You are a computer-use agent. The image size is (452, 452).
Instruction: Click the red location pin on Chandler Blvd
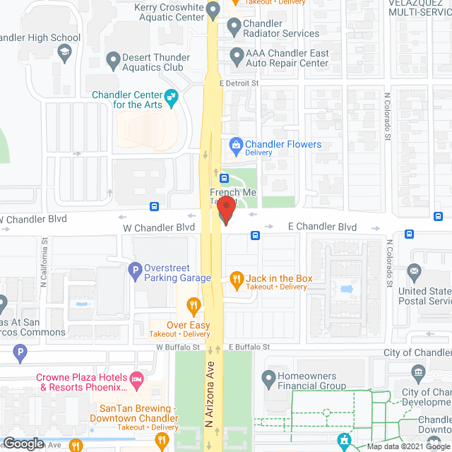pos(225,210)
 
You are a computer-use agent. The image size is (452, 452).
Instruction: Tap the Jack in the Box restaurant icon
pos(237,279)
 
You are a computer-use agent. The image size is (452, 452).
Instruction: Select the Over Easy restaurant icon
pos(191,306)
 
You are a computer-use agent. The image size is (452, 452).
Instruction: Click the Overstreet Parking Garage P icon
pos(134,269)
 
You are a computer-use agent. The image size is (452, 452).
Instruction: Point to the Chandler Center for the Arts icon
pos(171,96)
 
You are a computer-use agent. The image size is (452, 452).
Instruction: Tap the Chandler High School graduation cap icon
pos(64,53)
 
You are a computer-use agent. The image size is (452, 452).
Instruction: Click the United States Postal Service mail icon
pos(413,271)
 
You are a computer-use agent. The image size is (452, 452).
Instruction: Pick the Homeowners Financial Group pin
pos(268,381)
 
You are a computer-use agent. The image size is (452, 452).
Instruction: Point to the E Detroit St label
pos(240,83)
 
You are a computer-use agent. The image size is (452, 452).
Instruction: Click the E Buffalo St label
pos(249,347)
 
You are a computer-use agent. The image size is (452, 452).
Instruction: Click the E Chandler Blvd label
pos(322,227)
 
